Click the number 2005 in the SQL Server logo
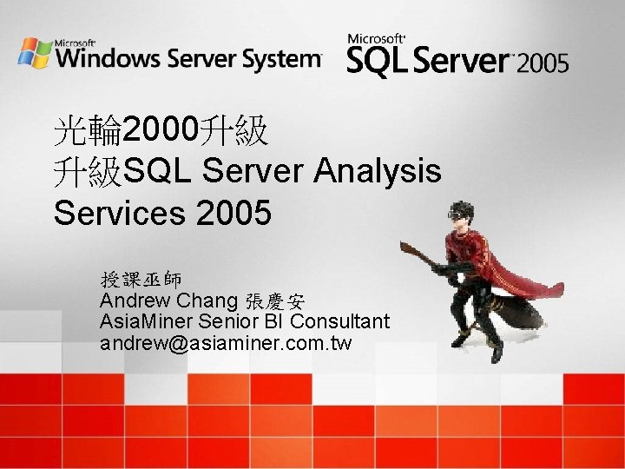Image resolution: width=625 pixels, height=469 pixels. tap(545, 62)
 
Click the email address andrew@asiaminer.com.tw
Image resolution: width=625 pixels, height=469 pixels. tap(226, 343)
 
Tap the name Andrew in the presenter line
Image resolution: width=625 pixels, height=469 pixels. tap(135, 301)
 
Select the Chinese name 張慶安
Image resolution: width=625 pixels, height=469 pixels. tap(275, 302)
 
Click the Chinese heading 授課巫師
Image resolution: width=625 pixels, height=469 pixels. tap(141, 280)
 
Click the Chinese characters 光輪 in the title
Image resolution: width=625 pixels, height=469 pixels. tap(88, 132)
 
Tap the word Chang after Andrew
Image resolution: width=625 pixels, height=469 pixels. tap(207, 301)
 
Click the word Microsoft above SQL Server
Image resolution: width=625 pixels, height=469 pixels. tap(376, 39)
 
